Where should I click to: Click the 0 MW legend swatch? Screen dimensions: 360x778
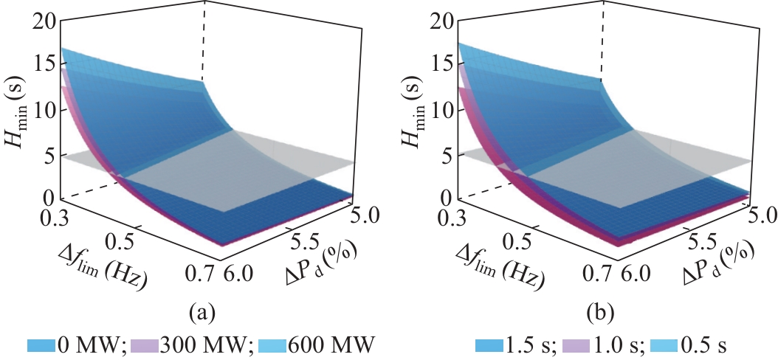click(43, 345)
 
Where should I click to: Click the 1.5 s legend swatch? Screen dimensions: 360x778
click(489, 345)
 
